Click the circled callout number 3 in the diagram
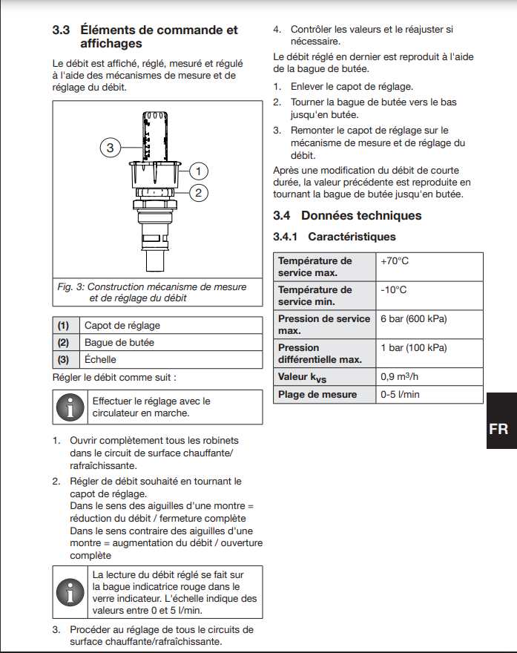pos(110,148)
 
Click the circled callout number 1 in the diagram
pos(198,171)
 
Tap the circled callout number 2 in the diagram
pos(198,194)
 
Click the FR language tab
pos(498,429)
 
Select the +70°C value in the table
pos(395,261)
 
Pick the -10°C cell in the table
pos(393,290)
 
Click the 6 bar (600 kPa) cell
pos(413,319)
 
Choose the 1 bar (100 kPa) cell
pos(413,348)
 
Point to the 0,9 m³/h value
pos(401,377)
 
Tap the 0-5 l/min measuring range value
pos(400,395)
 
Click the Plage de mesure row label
pos(317,395)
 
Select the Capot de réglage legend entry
pos(122,326)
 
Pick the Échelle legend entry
pos(101,360)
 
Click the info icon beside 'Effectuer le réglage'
pos(71,407)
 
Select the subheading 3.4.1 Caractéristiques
pos(335,237)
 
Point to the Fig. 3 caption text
pos(152,292)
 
